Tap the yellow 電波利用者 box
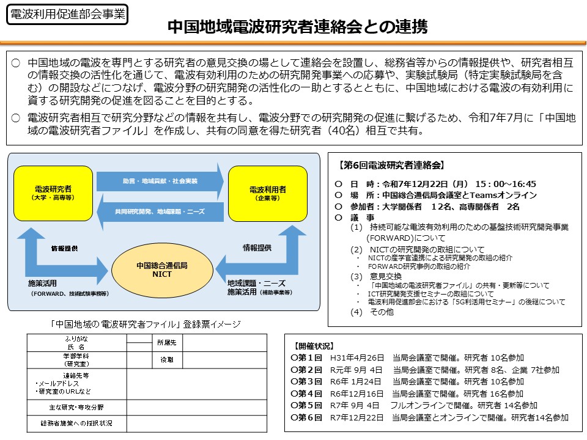(267, 193)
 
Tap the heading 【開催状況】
(314, 346)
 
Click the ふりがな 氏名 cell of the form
(76, 342)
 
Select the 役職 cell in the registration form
(166, 360)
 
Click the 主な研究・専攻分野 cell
(76, 407)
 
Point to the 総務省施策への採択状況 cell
(76, 423)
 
